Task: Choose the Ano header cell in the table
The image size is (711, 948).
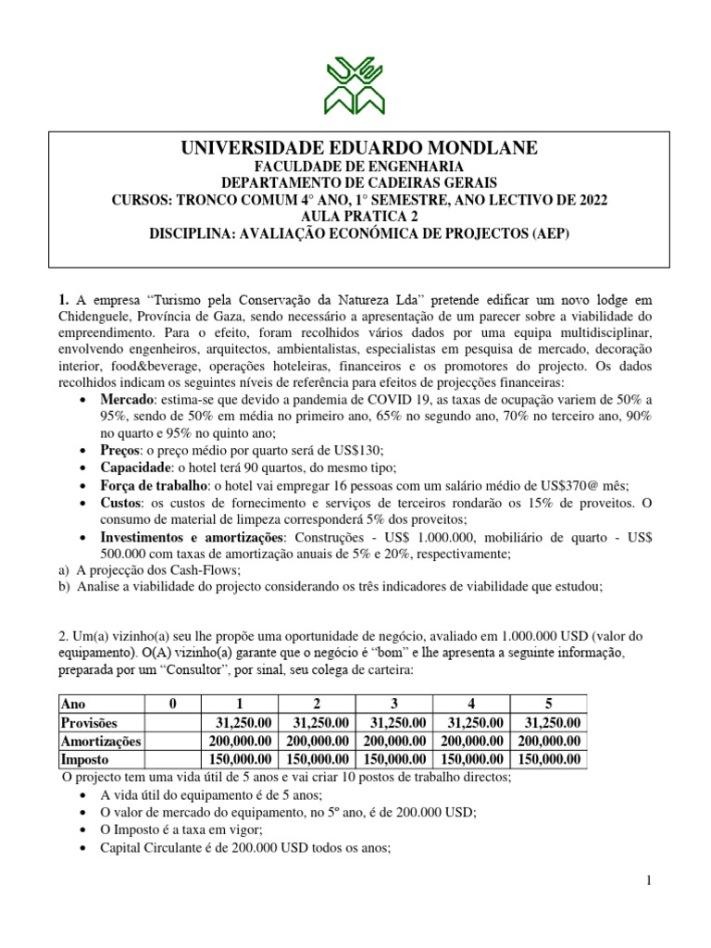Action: coord(73,705)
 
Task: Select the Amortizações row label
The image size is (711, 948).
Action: coord(100,741)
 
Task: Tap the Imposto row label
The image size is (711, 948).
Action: coord(85,759)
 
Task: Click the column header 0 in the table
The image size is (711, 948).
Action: coord(173,705)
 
